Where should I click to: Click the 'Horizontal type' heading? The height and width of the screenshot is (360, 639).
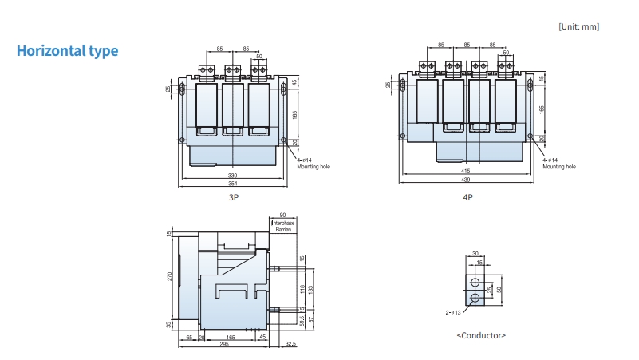click(x=68, y=51)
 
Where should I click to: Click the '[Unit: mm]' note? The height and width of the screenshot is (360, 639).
click(x=578, y=26)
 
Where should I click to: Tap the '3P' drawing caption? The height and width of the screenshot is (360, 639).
click(x=232, y=196)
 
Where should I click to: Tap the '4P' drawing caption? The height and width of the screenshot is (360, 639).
click(x=467, y=196)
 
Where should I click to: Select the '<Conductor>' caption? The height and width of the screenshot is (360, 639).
click(x=480, y=335)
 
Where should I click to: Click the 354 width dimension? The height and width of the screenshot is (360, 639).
click(x=233, y=184)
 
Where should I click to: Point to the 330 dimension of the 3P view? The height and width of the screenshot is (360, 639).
click(x=233, y=175)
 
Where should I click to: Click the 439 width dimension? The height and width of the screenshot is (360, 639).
click(x=466, y=180)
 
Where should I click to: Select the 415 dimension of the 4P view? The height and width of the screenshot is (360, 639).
click(x=466, y=171)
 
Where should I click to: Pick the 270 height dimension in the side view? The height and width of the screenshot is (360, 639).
click(x=170, y=275)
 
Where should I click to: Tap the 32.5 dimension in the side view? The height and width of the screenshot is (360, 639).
click(x=290, y=344)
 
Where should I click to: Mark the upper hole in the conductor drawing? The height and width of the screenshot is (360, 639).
click(x=475, y=283)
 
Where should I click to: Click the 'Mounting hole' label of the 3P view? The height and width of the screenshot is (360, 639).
click(x=314, y=167)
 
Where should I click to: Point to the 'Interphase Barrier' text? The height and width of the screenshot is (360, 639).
click(x=284, y=226)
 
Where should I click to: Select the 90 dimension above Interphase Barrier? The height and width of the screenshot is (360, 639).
click(x=284, y=215)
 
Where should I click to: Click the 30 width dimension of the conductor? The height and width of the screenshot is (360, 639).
click(x=475, y=254)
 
